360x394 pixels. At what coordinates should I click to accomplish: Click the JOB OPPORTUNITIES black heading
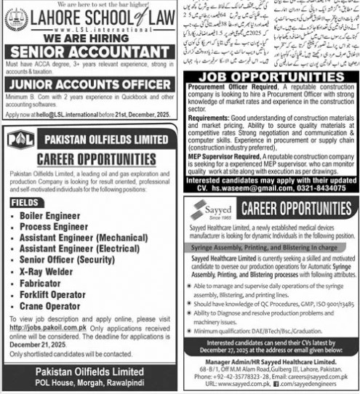pyautogui.click(x=270, y=76)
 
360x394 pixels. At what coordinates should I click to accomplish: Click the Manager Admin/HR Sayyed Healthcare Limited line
pyautogui.click(x=270, y=361)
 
